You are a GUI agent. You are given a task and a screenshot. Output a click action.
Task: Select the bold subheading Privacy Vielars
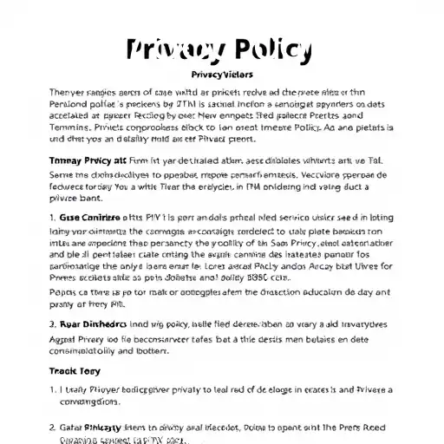tap(221, 75)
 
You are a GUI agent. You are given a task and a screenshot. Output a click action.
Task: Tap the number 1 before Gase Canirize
tap(52, 218)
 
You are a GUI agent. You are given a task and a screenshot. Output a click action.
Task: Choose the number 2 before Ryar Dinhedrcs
tap(52, 324)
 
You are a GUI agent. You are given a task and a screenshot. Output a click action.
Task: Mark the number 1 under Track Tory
tap(52, 390)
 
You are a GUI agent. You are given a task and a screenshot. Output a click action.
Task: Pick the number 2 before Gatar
tap(52, 428)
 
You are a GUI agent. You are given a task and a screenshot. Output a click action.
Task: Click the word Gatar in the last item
tap(75, 428)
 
